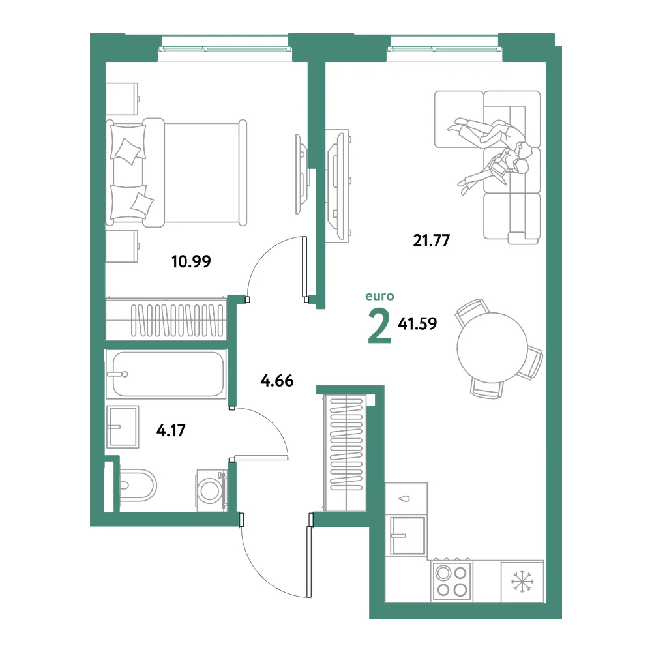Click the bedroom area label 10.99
point(191,261)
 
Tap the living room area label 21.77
point(431,241)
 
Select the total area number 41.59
point(417,323)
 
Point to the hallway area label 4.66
point(277,381)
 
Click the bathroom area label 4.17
point(171,430)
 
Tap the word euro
point(379,296)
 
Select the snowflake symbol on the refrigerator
point(522,581)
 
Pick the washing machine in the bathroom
point(212,490)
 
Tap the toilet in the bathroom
point(138,485)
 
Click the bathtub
point(166,374)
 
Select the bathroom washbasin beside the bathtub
point(123,426)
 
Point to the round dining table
point(492,348)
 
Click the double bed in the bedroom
point(176,173)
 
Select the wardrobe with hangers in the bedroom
point(166,319)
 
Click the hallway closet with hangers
point(345,453)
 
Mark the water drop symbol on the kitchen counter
point(405,499)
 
